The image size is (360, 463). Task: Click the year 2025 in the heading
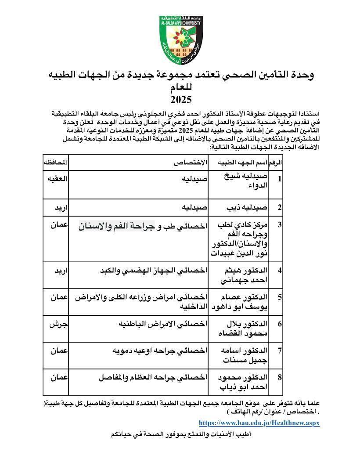pyautogui.click(x=180, y=99)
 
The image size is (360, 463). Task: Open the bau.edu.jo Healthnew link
pyautogui.click(x=259, y=423)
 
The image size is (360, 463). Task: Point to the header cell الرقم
pyautogui.click(x=274, y=163)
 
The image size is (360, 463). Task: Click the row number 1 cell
pyautogui.click(x=279, y=180)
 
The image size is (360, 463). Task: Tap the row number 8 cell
pyautogui.click(x=279, y=378)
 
